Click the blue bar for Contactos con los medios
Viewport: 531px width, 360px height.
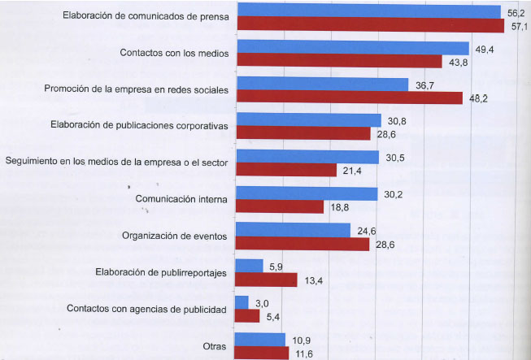(x=353, y=48)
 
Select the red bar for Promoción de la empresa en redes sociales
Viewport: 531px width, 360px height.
(x=350, y=98)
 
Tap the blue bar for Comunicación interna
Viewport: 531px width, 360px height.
(x=307, y=194)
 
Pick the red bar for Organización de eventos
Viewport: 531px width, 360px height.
(x=302, y=244)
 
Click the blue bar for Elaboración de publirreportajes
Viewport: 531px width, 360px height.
(x=250, y=266)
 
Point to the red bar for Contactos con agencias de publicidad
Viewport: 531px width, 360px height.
(x=247, y=316)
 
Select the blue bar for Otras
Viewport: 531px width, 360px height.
(x=260, y=340)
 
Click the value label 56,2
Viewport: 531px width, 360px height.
(x=516, y=14)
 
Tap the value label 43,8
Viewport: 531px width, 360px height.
(x=458, y=63)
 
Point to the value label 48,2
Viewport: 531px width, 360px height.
(x=478, y=99)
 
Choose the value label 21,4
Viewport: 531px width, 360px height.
(x=352, y=171)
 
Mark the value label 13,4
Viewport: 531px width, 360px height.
(x=314, y=280)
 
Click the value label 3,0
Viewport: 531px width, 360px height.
(x=262, y=303)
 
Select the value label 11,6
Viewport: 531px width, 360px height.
(x=304, y=354)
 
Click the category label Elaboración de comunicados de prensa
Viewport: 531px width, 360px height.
(x=146, y=16)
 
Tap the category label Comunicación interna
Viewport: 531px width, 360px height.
(x=181, y=199)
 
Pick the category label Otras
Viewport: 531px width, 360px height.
(x=215, y=346)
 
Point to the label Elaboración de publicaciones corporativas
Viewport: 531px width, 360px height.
(x=139, y=125)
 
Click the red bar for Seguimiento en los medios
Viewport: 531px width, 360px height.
(x=286, y=170)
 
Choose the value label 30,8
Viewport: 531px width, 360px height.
(x=397, y=121)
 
